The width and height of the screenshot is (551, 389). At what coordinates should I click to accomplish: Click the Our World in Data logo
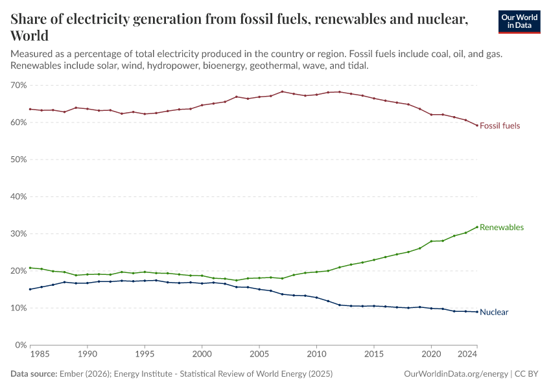coord(519,21)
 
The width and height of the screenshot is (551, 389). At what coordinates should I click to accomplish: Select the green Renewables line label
coord(502,228)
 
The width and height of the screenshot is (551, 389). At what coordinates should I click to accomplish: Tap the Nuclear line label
coord(494,312)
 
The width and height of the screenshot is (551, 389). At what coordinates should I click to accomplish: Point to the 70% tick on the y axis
coord(18,86)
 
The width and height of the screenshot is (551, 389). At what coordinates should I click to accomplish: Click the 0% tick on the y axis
coord(20,346)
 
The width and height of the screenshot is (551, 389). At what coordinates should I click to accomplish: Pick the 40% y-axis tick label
coord(18,197)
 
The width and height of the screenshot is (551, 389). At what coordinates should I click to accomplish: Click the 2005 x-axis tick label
coord(259,355)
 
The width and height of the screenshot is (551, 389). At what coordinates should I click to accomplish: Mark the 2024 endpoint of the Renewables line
coord(477,227)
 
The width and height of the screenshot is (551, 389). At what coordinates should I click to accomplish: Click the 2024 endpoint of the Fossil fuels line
coord(477,126)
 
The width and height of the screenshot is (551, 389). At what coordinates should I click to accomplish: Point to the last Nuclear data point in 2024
coord(477,312)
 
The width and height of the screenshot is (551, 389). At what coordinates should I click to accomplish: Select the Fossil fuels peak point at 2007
coord(282,91)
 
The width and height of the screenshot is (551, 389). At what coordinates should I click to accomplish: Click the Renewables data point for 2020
coord(431,241)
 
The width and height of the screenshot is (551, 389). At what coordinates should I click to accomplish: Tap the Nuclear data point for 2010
coord(316,298)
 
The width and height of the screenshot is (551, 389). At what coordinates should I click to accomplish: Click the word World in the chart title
coord(29,35)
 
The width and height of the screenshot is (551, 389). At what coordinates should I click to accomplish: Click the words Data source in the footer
coord(34,374)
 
